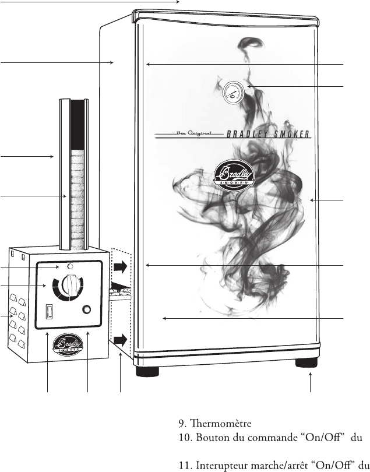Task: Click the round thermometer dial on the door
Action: [x=233, y=93]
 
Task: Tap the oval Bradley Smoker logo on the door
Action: [x=234, y=176]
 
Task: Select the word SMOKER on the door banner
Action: [x=291, y=134]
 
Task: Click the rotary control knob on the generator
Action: [x=71, y=284]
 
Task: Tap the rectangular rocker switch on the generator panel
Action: [x=50, y=312]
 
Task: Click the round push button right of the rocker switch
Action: [x=87, y=309]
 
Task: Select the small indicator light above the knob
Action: [x=70, y=266]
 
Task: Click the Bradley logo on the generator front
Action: [x=68, y=344]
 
